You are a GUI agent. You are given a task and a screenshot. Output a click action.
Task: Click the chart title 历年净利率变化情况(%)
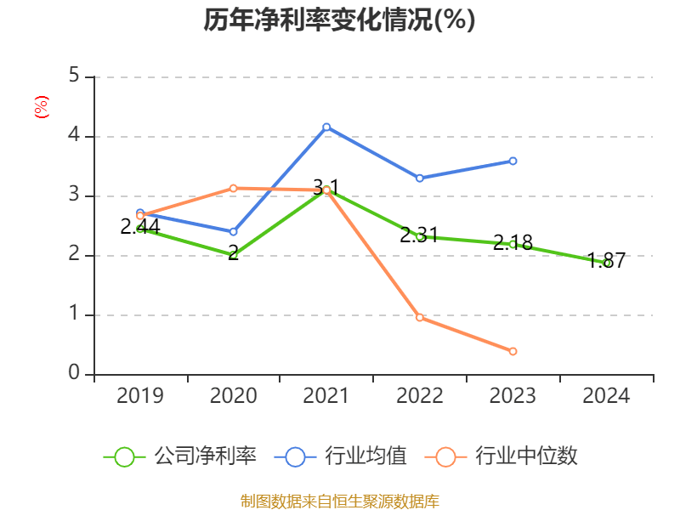click(339, 20)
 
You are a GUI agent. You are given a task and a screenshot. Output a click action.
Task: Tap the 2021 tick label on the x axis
click(326, 395)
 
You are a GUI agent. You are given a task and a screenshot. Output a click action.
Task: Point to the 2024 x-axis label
click(606, 395)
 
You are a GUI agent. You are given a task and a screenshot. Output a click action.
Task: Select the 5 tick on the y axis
click(74, 76)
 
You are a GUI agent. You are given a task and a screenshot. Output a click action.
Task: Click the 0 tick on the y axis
click(74, 374)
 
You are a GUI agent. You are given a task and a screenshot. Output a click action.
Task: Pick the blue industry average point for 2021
click(326, 127)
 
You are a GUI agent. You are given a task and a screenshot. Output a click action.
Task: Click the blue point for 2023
click(513, 161)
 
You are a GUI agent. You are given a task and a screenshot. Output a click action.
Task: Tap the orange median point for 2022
click(420, 317)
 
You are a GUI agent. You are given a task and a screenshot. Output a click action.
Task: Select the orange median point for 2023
click(513, 351)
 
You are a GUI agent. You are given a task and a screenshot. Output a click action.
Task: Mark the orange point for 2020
click(233, 188)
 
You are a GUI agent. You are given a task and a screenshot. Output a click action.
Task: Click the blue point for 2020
click(233, 231)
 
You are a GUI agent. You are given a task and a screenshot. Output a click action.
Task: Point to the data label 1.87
click(606, 261)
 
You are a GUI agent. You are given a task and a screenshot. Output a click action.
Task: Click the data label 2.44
click(140, 226)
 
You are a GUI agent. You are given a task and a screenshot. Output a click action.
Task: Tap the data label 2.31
click(420, 235)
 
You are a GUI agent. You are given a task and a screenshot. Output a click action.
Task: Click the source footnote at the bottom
click(339, 501)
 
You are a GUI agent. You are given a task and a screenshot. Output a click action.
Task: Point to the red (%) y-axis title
click(41, 107)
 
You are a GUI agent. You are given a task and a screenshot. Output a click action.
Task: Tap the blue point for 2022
click(420, 178)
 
